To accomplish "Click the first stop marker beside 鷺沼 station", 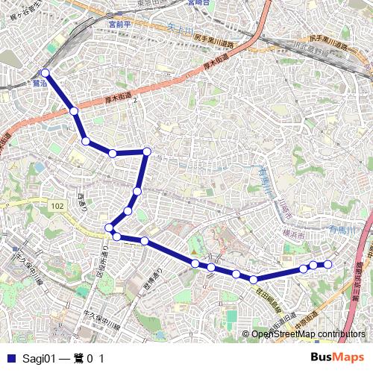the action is coord(46,73).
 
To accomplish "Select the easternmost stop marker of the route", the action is coord(327,264).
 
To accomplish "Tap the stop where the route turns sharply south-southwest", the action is coord(147,151).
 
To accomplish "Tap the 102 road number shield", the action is coord(57,205).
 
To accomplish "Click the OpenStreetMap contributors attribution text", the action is coord(309,334).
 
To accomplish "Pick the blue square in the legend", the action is coord(10,359).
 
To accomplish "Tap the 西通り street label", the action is coord(82,200).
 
